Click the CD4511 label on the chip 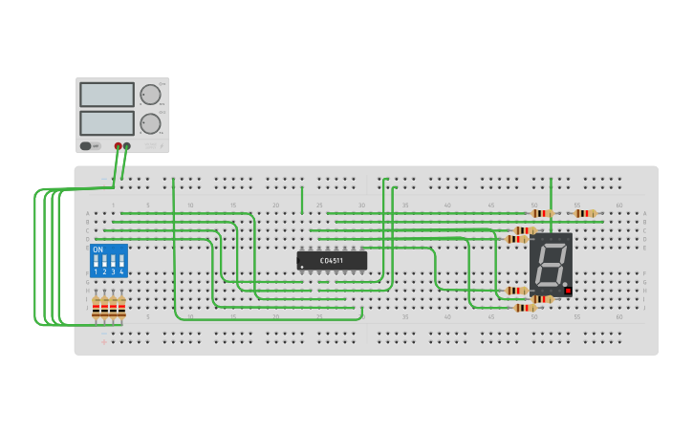[x=332, y=259]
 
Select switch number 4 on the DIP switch [x=121, y=261]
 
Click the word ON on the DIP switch [x=97, y=250]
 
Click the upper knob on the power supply [x=150, y=95]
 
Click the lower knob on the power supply [x=150, y=123]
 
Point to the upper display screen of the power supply [x=107, y=95]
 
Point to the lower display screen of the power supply [x=107, y=123]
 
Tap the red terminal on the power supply [x=119, y=146]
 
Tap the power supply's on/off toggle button [x=86, y=146]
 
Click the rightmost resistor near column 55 [x=585, y=213]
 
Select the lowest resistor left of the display [x=524, y=308]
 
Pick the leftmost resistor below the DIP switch [x=97, y=308]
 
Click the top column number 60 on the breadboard [x=619, y=205]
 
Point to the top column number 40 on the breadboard [x=447, y=205]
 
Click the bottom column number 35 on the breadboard [x=404, y=316]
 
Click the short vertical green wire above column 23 [x=302, y=199]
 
